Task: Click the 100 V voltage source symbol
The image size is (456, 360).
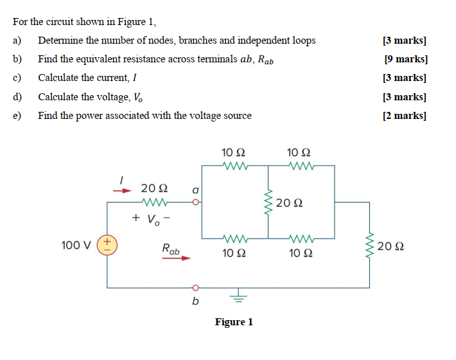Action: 107,245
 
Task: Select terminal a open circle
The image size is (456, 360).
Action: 197,203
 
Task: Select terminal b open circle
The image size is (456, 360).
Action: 197,287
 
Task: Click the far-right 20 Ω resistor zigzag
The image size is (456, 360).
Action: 369,245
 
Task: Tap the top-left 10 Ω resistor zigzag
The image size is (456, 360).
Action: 232,166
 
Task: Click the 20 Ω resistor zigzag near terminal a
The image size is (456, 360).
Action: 154,203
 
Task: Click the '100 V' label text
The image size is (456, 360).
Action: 75,245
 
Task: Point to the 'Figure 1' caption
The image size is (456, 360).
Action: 234,321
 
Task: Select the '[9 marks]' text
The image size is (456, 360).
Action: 405,59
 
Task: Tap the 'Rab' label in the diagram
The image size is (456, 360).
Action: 171,248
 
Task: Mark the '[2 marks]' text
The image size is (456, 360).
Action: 405,116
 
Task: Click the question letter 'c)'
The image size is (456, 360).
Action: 17,78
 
